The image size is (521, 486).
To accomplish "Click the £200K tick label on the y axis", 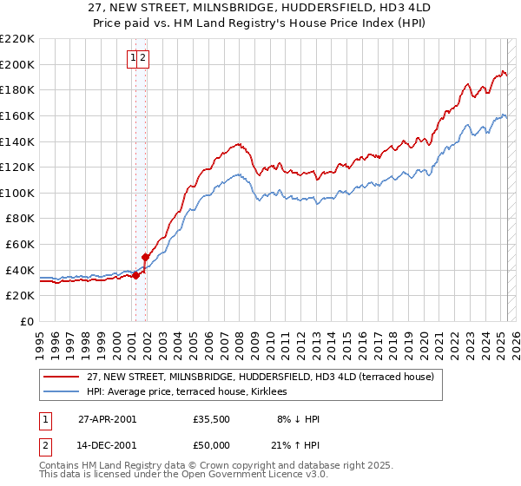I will coord(17,64).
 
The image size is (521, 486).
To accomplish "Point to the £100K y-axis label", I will coord(17,193).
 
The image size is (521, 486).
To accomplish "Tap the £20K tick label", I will coord(20,296).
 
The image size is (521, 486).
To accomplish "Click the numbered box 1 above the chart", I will coord(134,58).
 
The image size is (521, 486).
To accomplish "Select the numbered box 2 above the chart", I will coord(143,58).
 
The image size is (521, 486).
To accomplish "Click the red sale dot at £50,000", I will coord(145,257).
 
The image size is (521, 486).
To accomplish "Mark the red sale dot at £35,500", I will coord(135,275).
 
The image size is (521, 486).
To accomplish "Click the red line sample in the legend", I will coord(61,376).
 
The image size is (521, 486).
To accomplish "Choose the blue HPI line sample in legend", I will coord(61,392).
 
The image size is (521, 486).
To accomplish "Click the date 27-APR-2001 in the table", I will coord(107,419).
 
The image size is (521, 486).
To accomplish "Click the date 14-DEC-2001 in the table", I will coord(107,447).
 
